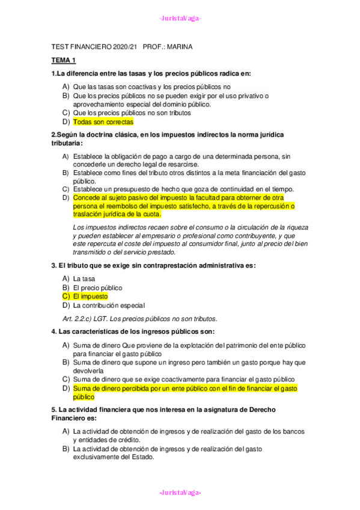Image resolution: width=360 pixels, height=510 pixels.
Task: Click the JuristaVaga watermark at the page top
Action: point(180,18)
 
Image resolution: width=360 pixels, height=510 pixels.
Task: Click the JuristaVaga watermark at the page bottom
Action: point(180,493)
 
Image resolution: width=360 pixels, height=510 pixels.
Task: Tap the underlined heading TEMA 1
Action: point(63,61)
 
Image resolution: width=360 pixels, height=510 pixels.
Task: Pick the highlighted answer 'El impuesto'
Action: point(90,296)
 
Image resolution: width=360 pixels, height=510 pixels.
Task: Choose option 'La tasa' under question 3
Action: point(84,279)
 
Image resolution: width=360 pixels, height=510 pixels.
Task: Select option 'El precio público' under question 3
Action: point(97,287)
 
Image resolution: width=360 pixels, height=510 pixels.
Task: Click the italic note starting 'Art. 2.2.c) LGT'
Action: point(139,318)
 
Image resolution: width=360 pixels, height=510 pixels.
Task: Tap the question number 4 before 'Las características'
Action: point(53,331)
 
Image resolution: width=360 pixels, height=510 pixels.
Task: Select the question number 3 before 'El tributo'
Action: point(53,265)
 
